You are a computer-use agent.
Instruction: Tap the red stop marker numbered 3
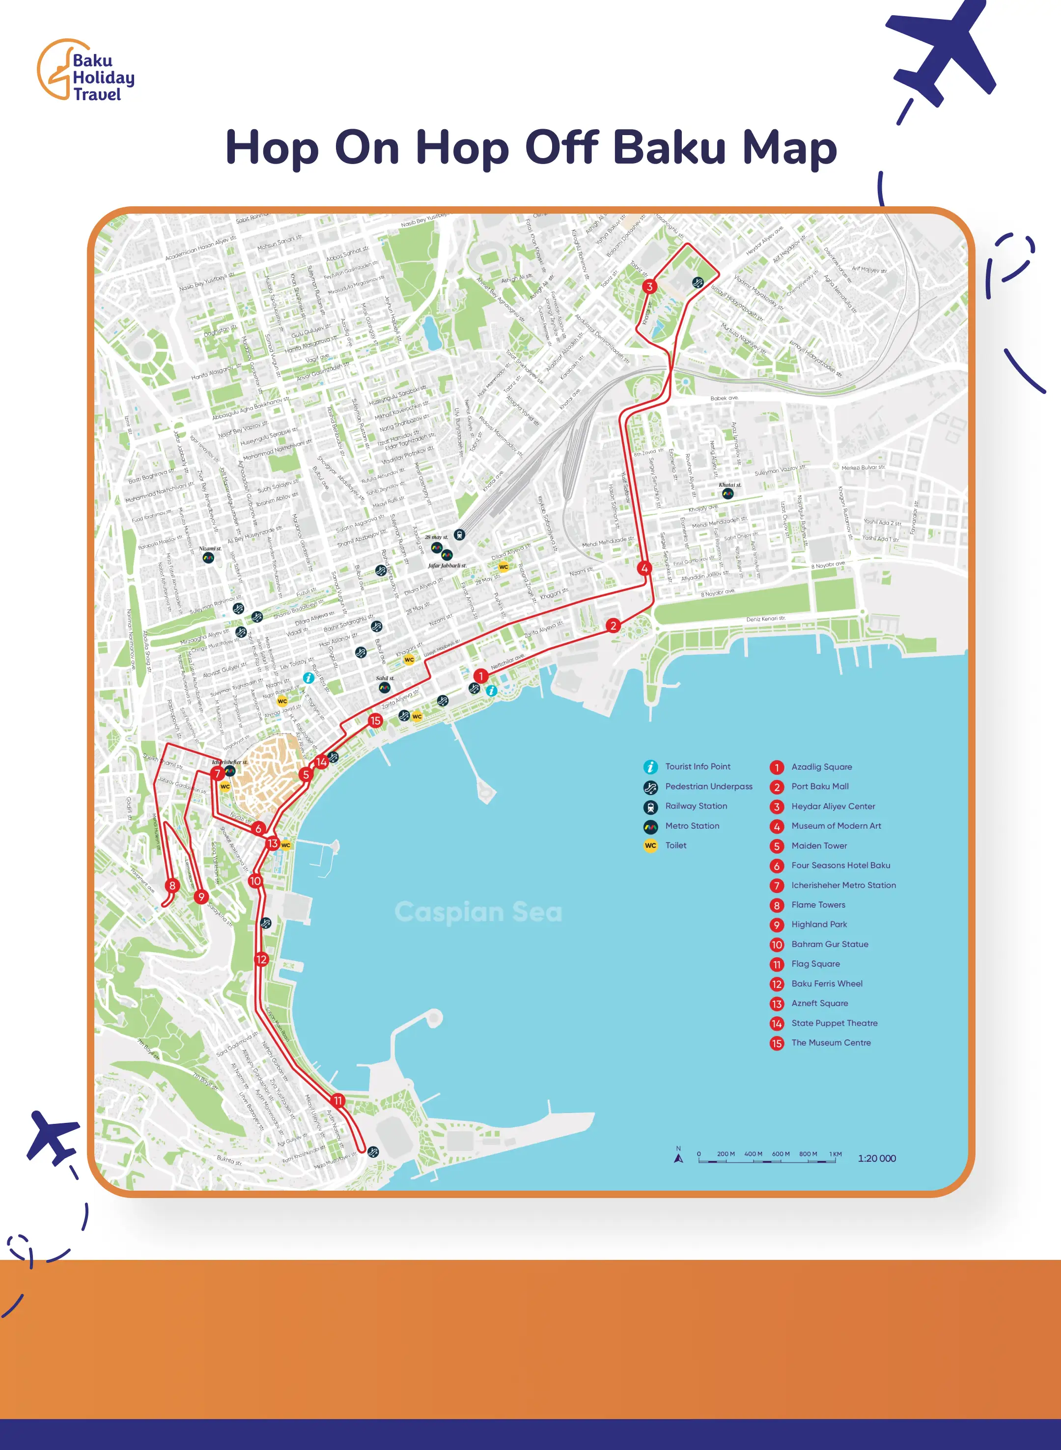coord(649,286)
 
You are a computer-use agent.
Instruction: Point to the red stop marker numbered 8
coord(172,886)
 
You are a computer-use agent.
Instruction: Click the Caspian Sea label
coord(478,912)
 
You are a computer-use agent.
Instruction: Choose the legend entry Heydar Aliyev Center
coord(833,806)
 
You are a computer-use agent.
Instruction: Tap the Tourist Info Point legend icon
coord(650,767)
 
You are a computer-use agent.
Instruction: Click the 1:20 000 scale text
coord(877,1158)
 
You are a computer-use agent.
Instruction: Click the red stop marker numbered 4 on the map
coord(644,568)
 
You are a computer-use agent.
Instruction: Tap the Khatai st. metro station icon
coord(727,494)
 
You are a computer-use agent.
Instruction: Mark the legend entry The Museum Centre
coord(831,1043)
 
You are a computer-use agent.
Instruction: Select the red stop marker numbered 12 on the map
coord(261,959)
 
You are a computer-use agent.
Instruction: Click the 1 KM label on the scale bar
coord(835,1154)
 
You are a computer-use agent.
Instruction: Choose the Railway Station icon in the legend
coord(650,807)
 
